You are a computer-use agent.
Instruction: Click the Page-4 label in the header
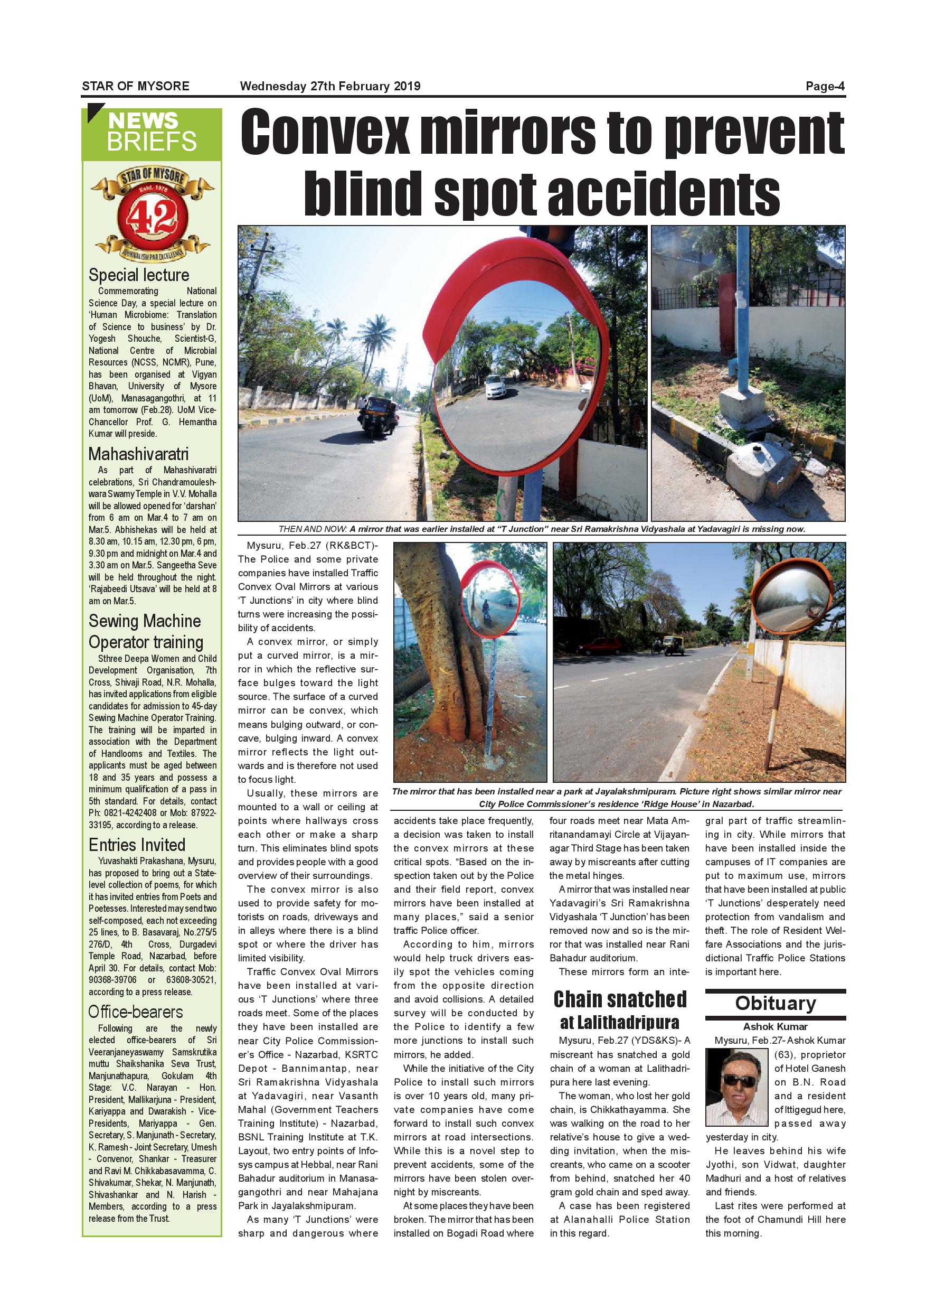tap(825, 86)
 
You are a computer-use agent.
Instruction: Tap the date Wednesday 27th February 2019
tap(330, 86)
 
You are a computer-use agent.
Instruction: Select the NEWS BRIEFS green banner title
tap(152, 132)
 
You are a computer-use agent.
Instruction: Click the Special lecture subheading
tap(138, 275)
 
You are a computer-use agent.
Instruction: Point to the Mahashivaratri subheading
tap(138, 454)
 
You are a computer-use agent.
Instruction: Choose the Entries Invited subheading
tap(137, 845)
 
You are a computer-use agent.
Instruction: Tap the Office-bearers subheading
tap(136, 1012)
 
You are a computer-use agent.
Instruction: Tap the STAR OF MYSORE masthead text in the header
tap(136, 86)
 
